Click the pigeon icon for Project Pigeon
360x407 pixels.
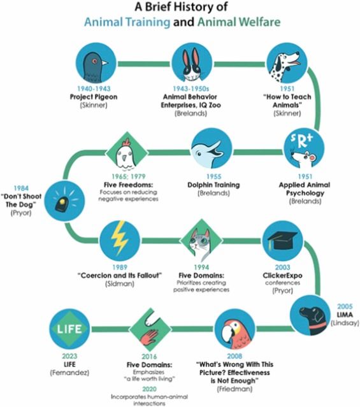tap(96, 63)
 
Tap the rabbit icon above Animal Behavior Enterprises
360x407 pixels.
tap(192, 63)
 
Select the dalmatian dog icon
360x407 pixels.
tap(287, 63)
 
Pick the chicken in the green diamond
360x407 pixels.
tap(127, 152)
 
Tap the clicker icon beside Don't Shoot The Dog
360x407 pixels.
tap(64, 201)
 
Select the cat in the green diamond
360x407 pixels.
tap(201, 241)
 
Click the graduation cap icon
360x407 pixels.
tap(283, 241)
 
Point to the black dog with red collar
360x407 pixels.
tap(310, 315)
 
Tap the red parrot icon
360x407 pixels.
tap(235, 329)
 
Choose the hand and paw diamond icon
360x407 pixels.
tap(150, 329)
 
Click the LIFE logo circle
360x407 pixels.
tap(69, 329)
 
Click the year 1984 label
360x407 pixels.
tap(21, 188)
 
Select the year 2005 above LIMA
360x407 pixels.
tap(345, 306)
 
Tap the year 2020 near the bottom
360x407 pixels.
tap(149, 389)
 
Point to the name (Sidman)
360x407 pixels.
tap(120, 283)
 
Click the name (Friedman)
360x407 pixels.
tap(234, 389)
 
